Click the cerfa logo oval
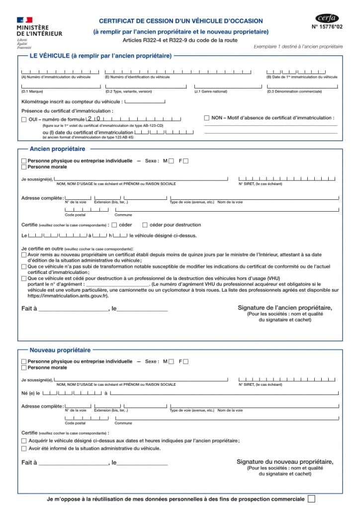[327, 18]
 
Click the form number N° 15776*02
[327, 27]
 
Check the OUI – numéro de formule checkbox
[24, 119]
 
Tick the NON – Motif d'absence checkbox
[207, 118]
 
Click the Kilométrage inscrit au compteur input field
[145, 102]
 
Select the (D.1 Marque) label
[32, 91]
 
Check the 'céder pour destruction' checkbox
[145, 225]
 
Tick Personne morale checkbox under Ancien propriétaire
[24, 167]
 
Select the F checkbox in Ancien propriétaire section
[186, 161]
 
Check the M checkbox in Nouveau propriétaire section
[171, 361]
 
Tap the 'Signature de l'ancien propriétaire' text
[285, 308]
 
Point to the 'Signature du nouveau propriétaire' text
[285, 462]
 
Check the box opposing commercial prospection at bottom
[311, 499]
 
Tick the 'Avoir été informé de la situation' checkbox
[24, 448]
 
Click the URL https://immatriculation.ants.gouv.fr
[67, 296]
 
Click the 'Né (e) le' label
[31, 393]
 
